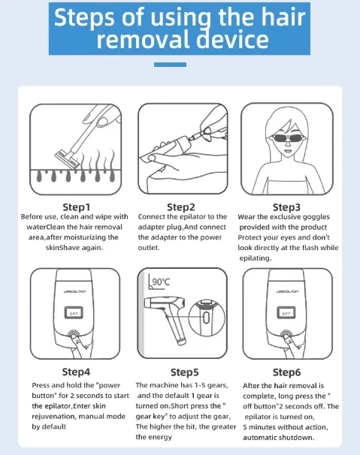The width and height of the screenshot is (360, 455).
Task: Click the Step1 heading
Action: (77, 207)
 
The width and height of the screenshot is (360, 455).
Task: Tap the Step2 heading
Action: (181, 207)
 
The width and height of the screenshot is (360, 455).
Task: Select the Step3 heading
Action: (286, 207)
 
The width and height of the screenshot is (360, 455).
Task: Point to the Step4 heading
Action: (76, 372)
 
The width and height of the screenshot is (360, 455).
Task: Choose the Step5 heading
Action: (184, 372)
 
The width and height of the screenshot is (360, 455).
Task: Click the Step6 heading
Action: (286, 372)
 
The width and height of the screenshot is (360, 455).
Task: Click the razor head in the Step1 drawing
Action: (67, 158)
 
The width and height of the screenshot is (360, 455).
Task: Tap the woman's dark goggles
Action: (287, 138)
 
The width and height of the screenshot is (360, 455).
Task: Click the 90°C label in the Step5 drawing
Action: (161, 282)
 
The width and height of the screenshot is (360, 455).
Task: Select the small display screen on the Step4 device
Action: (74, 313)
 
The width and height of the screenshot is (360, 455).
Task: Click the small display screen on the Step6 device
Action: (286, 313)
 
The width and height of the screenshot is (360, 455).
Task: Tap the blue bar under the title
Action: (170, 65)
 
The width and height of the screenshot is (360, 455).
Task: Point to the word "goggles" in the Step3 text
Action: (316, 217)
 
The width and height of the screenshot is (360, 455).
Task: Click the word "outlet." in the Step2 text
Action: (149, 248)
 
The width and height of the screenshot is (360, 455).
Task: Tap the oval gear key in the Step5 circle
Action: (206, 317)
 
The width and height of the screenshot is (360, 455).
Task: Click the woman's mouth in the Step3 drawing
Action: (287, 151)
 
